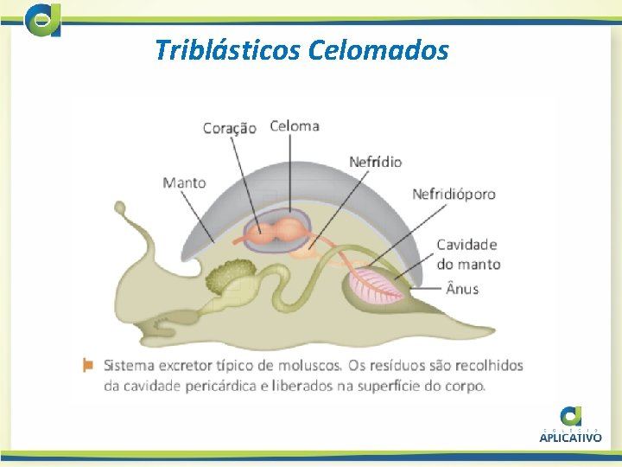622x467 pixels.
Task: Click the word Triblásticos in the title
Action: click(225, 50)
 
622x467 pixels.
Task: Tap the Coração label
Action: click(229, 128)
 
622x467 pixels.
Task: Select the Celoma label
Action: click(295, 125)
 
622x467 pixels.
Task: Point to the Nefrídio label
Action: click(375, 162)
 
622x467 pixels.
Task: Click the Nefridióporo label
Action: click(454, 194)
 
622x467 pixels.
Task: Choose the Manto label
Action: click(184, 182)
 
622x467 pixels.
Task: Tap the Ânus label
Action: click(462, 288)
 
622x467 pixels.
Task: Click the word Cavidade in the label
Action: click(466, 246)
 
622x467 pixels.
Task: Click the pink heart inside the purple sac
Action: click(277, 232)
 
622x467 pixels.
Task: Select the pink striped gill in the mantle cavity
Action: click(377, 286)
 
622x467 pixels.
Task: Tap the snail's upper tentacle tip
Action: click(119, 208)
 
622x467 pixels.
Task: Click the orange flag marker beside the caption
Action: click(87, 364)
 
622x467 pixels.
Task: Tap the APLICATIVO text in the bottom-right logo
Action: click(570, 438)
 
